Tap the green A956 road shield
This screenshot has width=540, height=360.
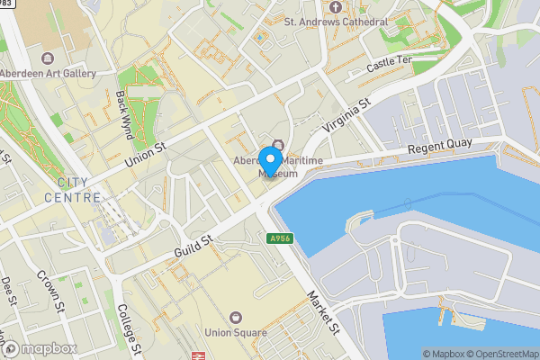279,238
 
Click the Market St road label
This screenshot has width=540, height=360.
321,313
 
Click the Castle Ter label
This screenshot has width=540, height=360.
390,67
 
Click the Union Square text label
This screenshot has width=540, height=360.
236,333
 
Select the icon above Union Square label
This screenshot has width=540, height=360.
236,317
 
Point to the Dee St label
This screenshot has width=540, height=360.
8,291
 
